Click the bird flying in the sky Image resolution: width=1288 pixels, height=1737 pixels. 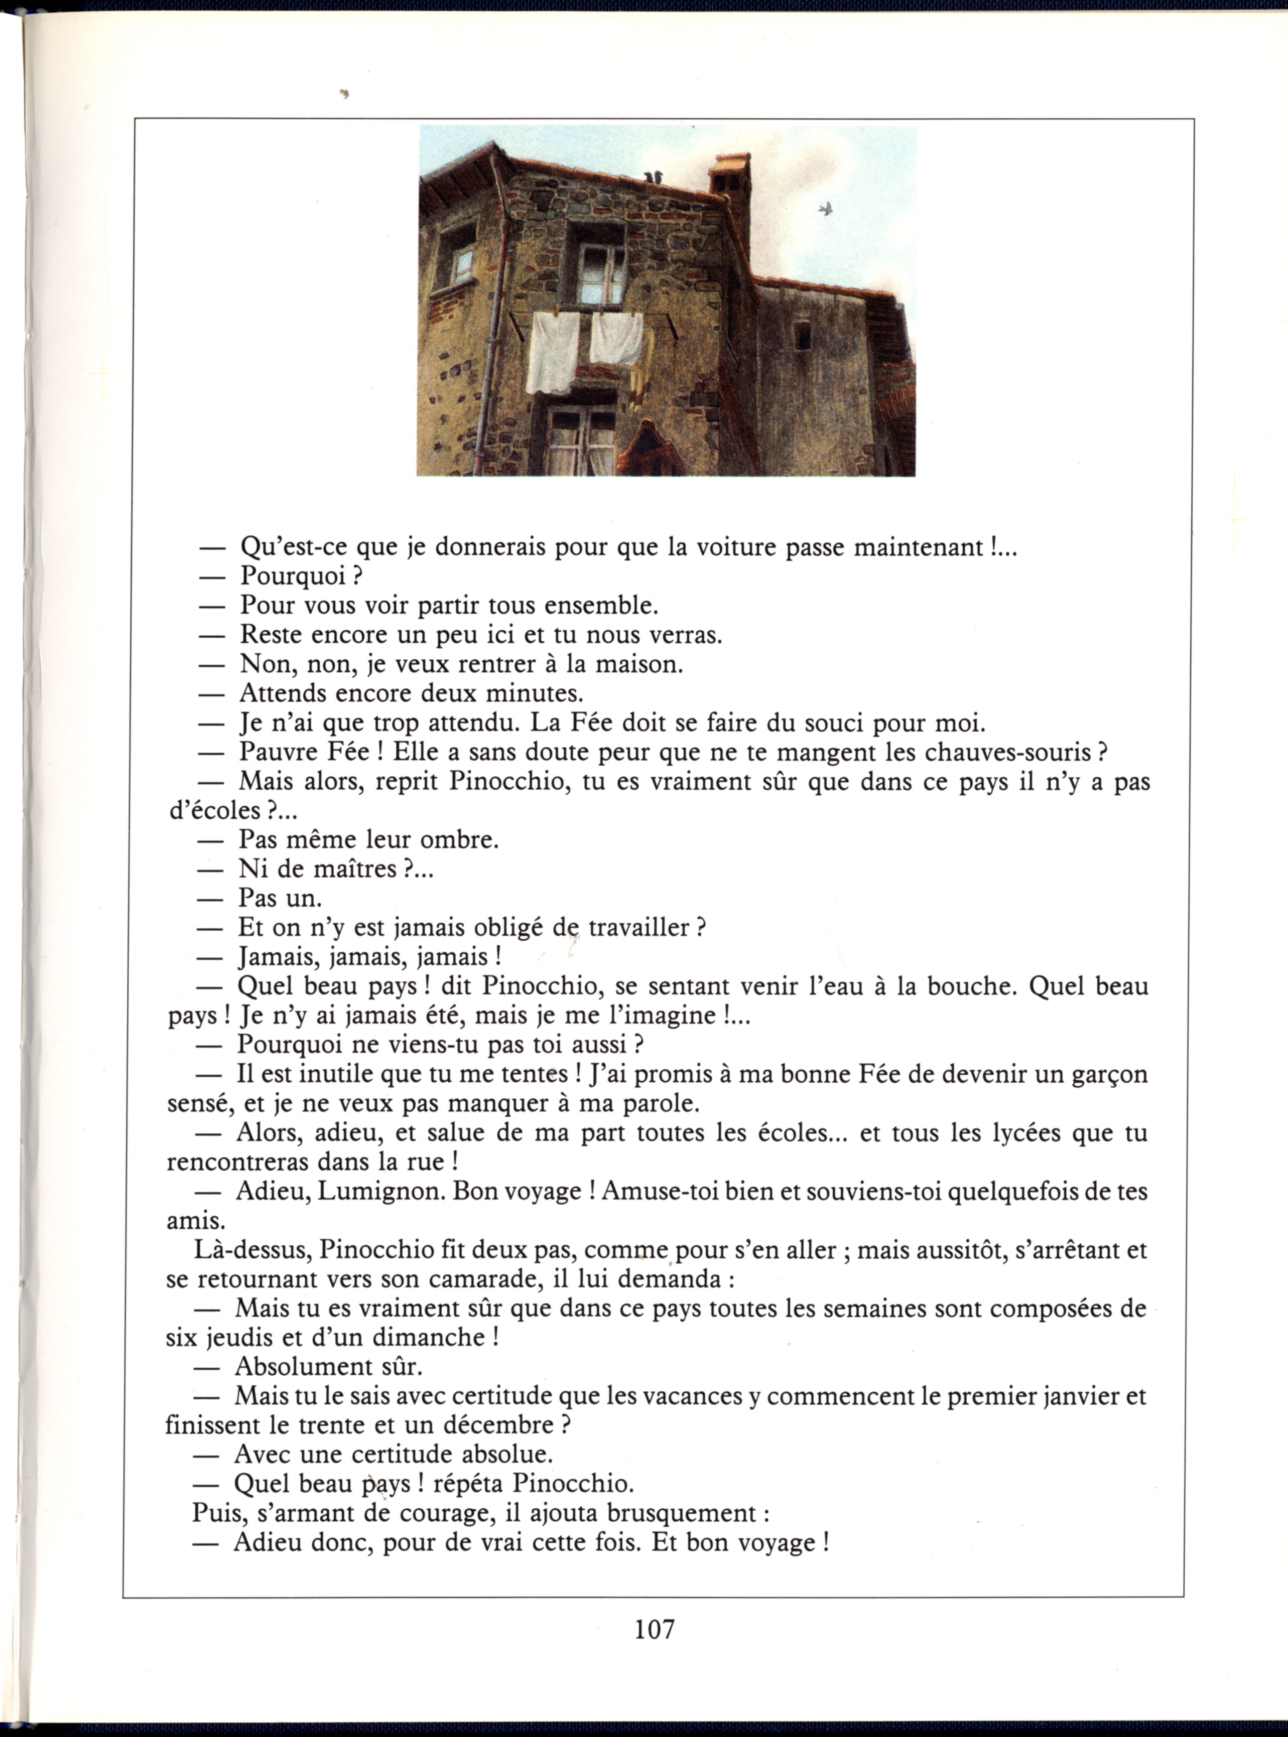(x=826, y=208)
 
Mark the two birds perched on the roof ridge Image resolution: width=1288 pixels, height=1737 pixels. (x=654, y=178)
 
